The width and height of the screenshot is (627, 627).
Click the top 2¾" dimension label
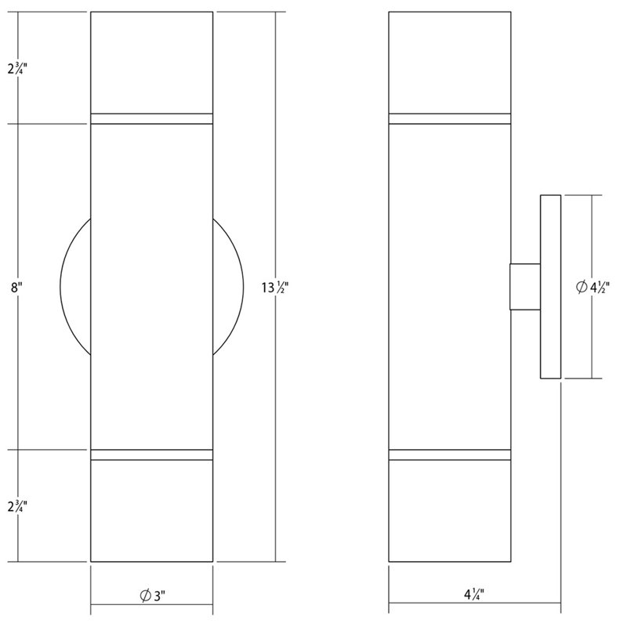18,67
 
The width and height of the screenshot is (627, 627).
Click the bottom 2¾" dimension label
18,506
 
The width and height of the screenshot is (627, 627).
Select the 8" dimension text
16,288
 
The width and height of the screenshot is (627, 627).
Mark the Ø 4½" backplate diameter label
594,288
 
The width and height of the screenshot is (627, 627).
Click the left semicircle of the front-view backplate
75,287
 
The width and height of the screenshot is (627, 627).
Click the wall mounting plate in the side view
549,287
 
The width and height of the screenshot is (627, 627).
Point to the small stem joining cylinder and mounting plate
524,287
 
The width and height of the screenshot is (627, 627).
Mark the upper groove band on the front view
152,119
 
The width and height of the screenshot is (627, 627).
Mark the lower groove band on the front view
152,454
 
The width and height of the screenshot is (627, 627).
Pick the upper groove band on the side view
449,119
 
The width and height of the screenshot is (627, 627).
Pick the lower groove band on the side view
449,454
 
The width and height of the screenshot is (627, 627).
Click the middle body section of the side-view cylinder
449,287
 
